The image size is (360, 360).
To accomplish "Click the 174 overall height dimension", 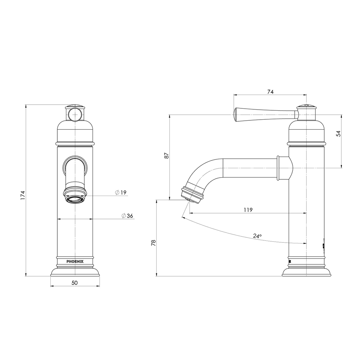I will [23, 195].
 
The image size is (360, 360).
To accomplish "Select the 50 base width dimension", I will [75, 283].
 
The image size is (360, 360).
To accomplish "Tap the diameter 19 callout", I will [121, 193].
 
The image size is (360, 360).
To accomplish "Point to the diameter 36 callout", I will [127, 216].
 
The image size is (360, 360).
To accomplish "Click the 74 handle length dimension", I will [270, 92].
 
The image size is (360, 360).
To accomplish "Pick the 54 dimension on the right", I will [338, 134].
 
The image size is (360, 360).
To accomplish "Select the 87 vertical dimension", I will [167, 155].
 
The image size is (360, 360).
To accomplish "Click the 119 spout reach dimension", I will [248, 210].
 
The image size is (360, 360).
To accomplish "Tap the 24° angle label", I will [257, 236].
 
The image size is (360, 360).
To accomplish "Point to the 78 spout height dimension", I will [153, 242].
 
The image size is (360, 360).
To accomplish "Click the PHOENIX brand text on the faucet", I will [75, 262].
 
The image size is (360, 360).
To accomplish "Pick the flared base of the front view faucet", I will [75, 272].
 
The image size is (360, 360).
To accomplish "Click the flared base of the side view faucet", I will [306, 272].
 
